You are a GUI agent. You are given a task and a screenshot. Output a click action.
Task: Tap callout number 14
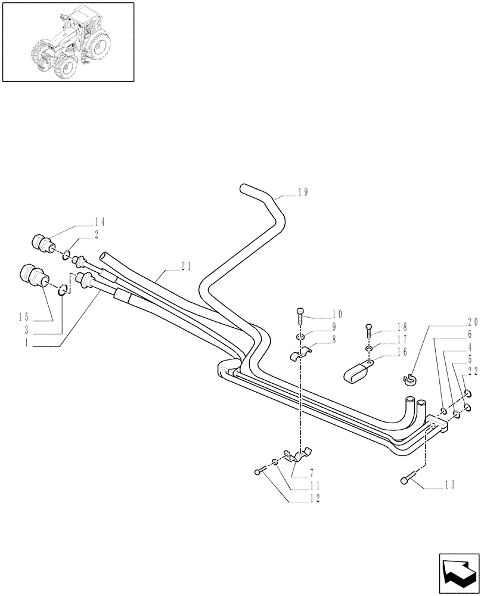click(99, 222)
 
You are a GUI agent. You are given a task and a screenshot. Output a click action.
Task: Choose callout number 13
click(449, 486)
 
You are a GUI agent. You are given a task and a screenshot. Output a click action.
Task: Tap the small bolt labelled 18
click(369, 328)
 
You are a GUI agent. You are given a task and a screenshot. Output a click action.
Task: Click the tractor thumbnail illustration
click(68, 42)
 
